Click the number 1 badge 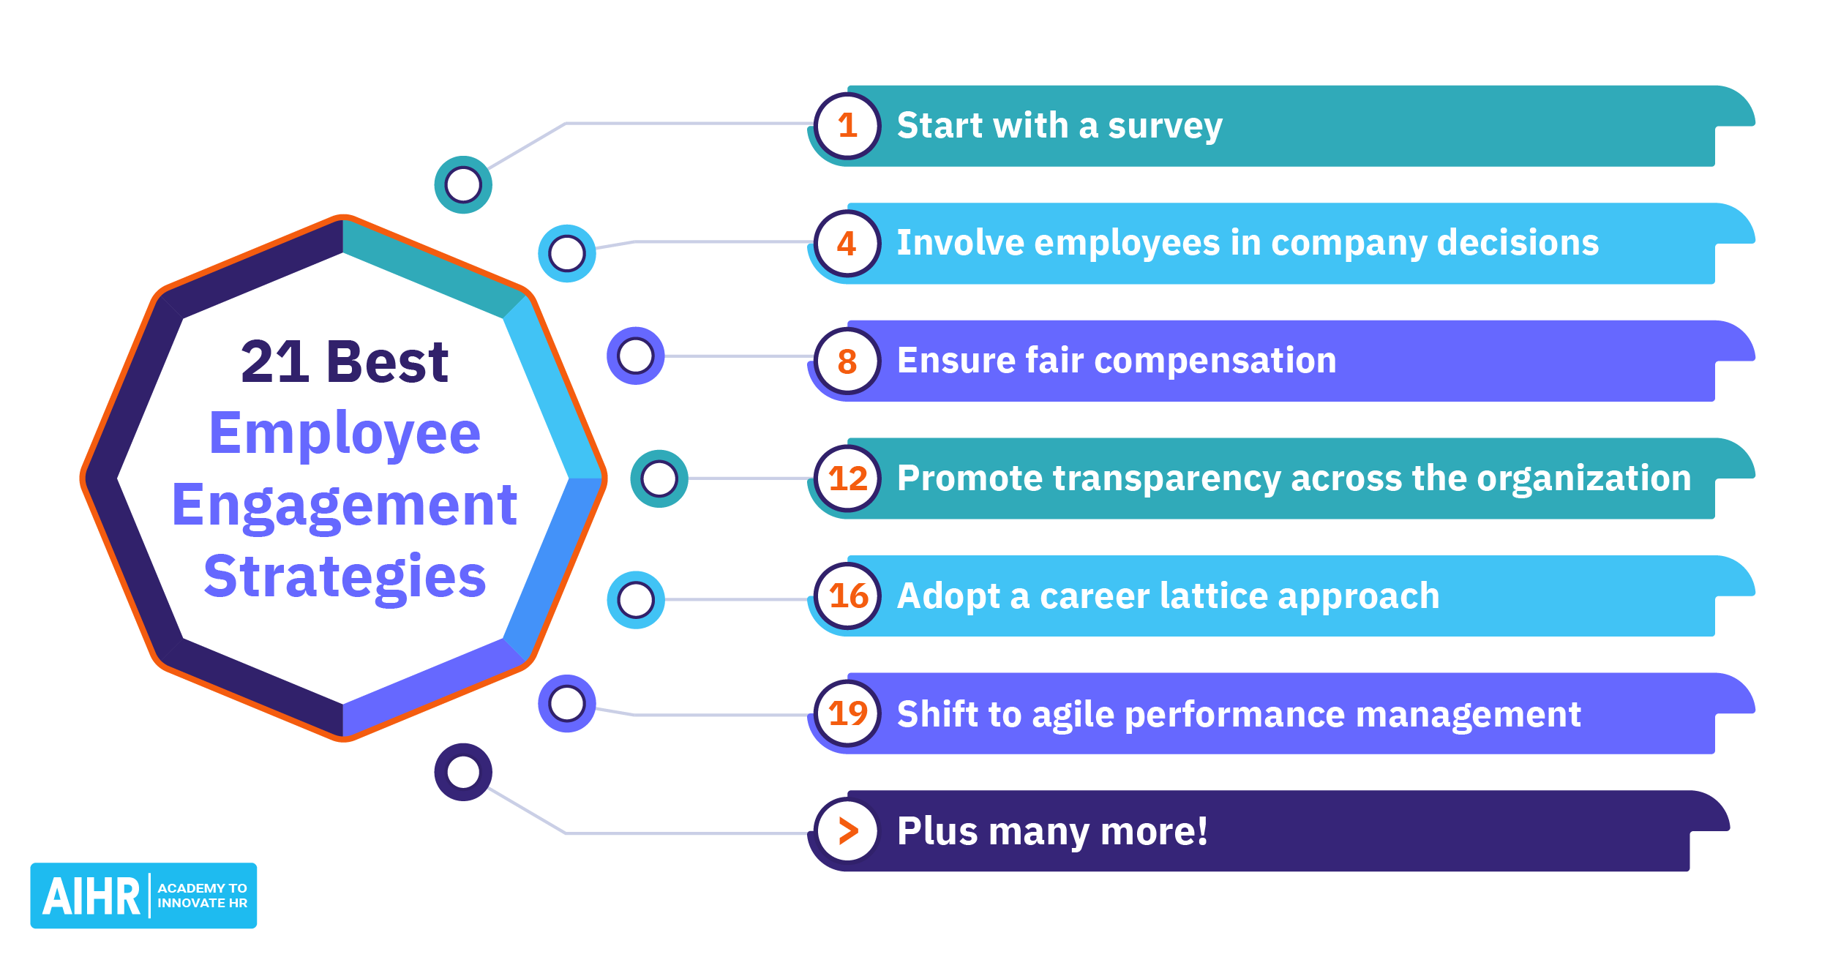(847, 126)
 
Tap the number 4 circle (847, 244)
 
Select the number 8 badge (847, 361)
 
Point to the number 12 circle (847, 478)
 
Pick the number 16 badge (847, 596)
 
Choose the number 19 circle (847, 713)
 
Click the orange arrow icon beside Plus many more (847, 831)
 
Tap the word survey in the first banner (1165, 127)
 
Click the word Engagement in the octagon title (345, 506)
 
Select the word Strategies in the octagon (345, 577)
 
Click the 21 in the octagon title (274, 362)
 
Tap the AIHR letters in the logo (91, 896)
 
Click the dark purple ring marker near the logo (463, 772)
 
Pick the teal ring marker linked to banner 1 (463, 184)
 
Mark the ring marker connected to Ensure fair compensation (635, 356)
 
